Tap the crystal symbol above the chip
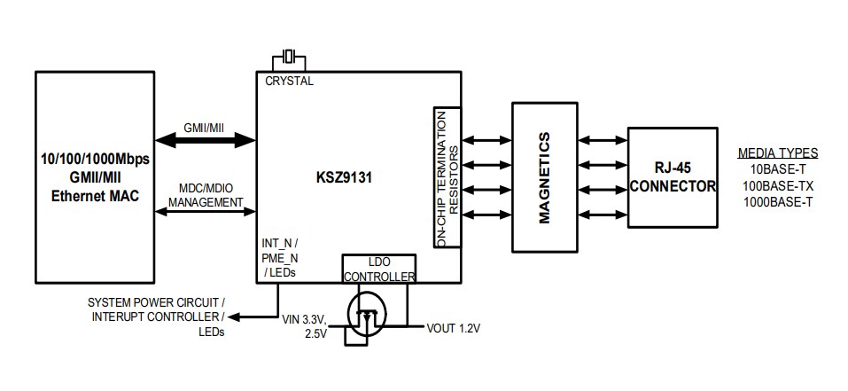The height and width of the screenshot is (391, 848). pos(289,59)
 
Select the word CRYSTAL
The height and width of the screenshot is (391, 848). pos(290,81)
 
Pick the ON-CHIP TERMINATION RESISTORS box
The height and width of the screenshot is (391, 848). pos(447,176)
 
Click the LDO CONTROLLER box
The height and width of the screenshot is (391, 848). pos(378,269)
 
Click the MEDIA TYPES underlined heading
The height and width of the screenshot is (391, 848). pos(777,152)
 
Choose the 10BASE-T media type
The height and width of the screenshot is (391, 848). pos(777,168)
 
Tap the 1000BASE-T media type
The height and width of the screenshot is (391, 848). pos(777,201)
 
